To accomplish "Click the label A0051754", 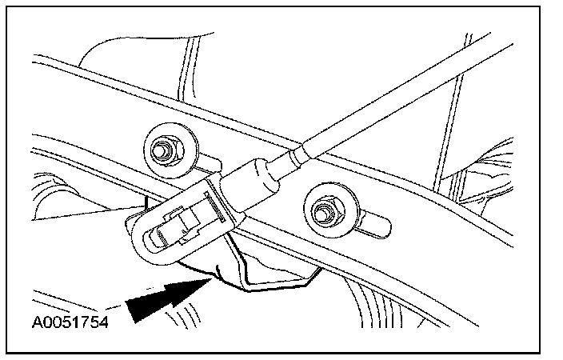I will (x=70, y=324).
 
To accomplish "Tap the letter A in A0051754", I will (x=37, y=324).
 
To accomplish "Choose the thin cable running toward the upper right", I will (x=400, y=87).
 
